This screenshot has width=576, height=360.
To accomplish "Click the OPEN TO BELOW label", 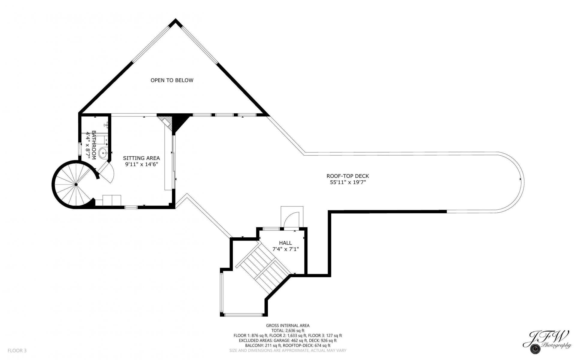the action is [x=172, y=80].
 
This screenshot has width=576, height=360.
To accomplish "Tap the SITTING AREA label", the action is [x=141, y=158].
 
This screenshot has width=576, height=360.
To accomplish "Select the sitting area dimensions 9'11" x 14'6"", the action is [x=141, y=164].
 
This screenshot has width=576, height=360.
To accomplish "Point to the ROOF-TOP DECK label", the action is [x=348, y=176].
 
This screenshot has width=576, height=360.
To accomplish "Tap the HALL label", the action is [x=285, y=243].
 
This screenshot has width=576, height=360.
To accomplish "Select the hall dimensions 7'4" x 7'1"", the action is [x=285, y=249].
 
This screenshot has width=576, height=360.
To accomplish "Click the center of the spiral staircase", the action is [x=76, y=184].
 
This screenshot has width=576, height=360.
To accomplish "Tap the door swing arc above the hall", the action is [x=291, y=219].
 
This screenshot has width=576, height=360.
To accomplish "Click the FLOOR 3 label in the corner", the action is [x=17, y=350].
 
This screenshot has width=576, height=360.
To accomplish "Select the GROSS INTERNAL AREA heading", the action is [x=288, y=325].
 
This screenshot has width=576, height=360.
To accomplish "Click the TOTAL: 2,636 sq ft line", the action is [x=288, y=331].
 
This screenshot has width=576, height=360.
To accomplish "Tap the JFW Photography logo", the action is [x=547, y=343].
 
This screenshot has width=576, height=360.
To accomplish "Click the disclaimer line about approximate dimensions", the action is [x=288, y=350].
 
